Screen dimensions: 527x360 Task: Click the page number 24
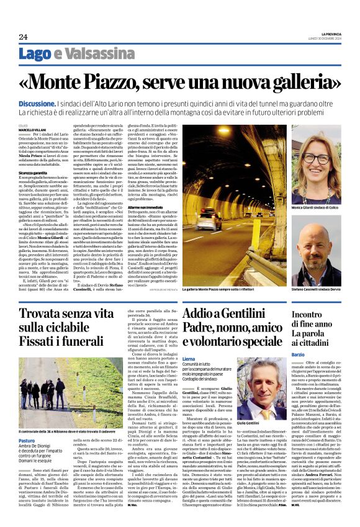click(x=22, y=37)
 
